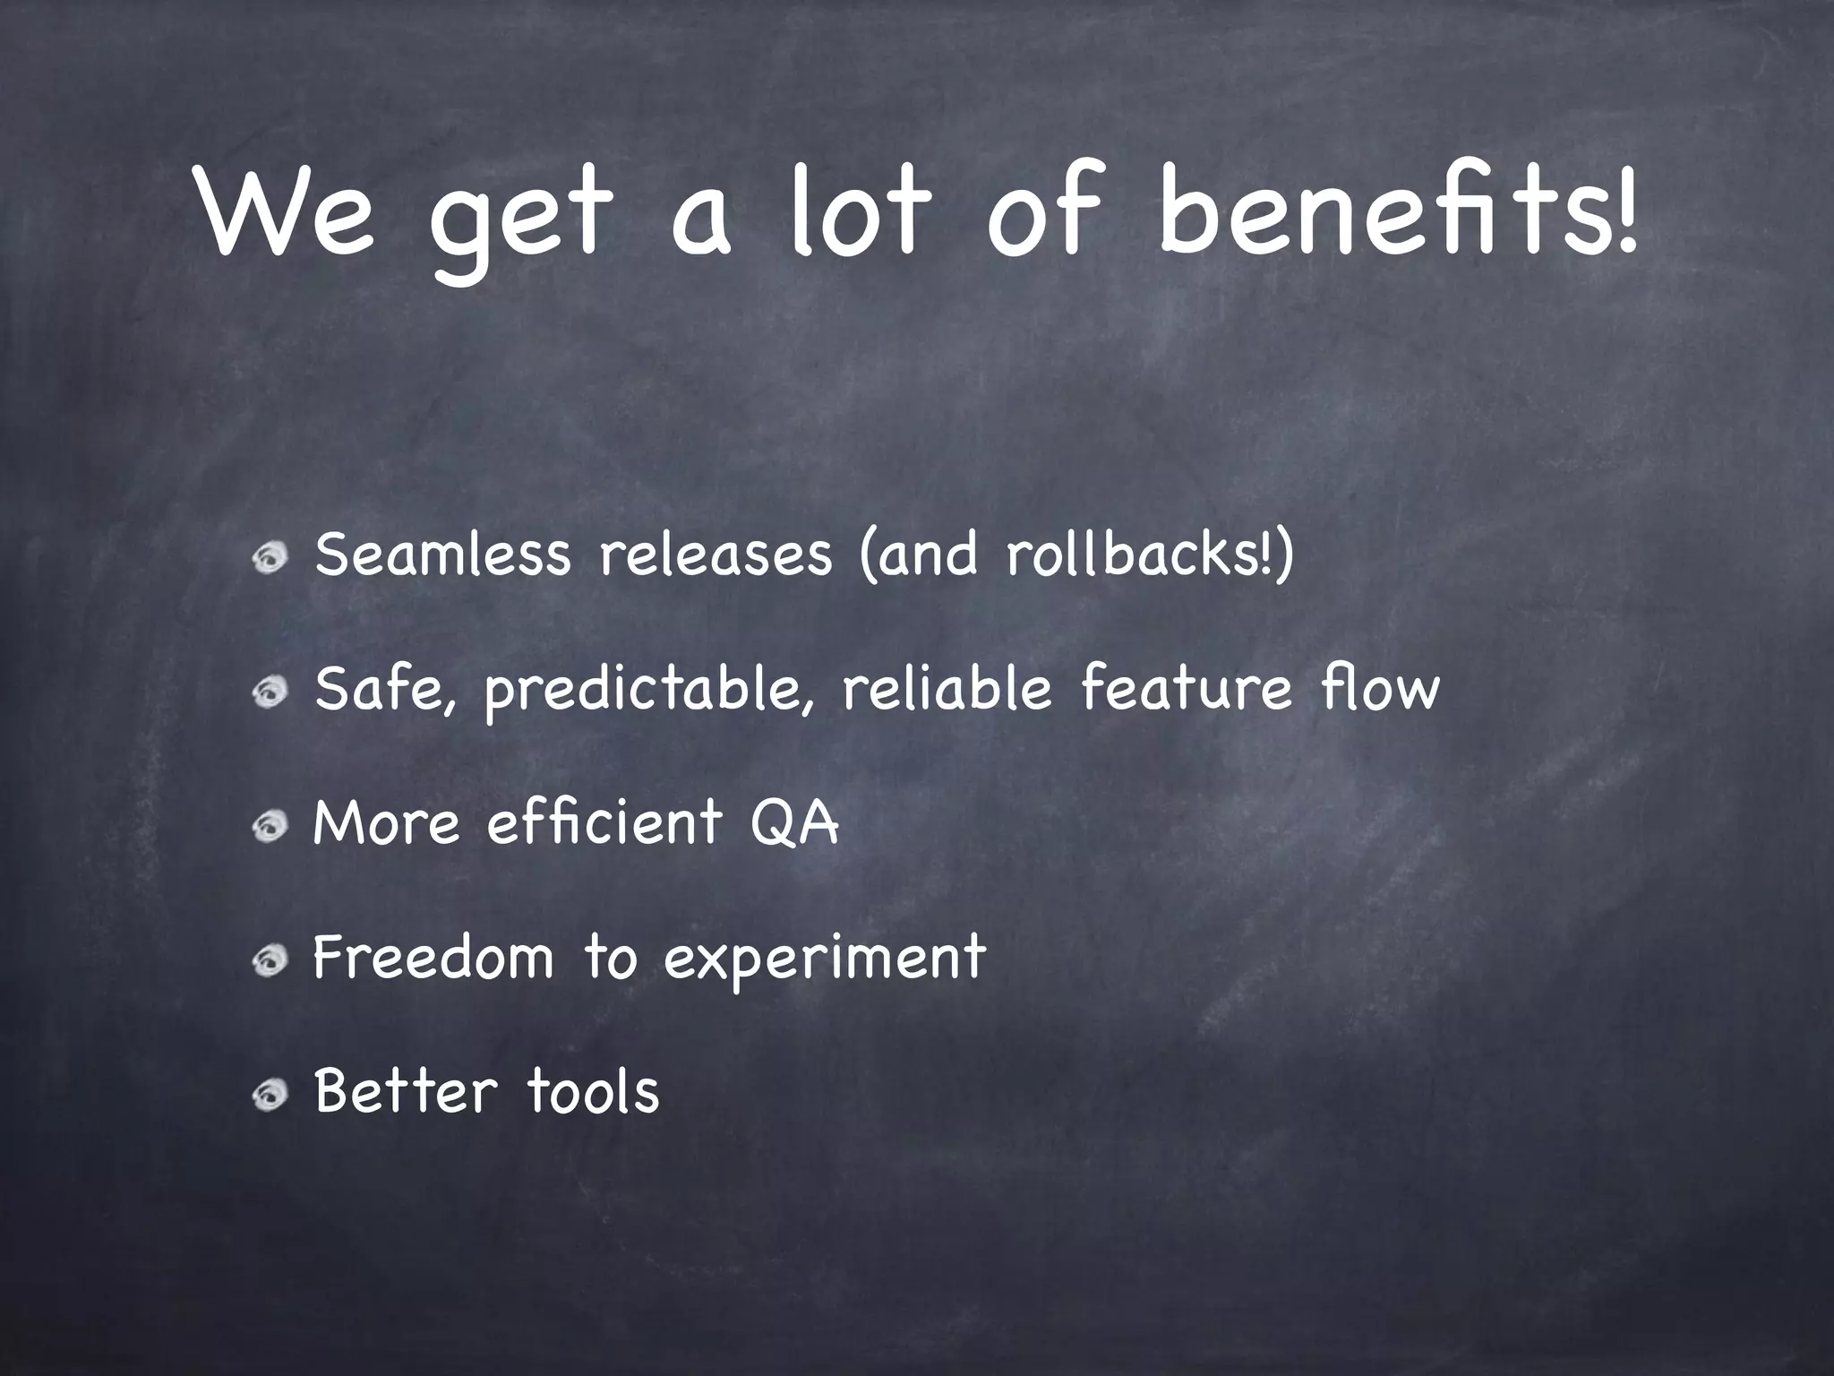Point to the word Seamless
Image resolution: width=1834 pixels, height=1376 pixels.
pyautogui.click(x=442, y=554)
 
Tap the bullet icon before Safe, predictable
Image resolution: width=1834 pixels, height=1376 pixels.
pyautogui.click(x=269, y=692)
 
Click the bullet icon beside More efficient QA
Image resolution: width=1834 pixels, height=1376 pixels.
pyautogui.click(x=269, y=826)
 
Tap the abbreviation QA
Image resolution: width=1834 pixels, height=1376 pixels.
pyautogui.click(x=794, y=822)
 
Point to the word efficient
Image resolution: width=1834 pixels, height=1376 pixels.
pyautogui.click(x=604, y=822)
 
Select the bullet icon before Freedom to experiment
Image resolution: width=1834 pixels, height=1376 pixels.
pyautogui.click(x=269, y=960)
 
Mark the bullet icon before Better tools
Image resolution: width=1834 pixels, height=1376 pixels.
pyautogui.click(x=269, y=1095)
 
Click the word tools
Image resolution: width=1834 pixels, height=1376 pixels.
pyautogui.click(x=592, y=1091)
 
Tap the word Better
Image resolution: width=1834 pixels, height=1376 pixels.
pyautogui.click(x=405, y=1091)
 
